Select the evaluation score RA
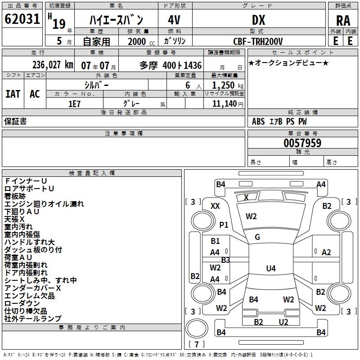pos(343,20)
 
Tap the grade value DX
pos(258,20)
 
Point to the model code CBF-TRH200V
pos(258,41)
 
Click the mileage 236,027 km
pos(53,64)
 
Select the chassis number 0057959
pos(302,144)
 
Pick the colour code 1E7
pos(74,103)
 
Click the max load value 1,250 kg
pos(228,85)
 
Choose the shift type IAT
pos(13,94)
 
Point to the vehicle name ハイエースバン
pos(116,20)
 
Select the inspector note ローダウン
pos(22,303)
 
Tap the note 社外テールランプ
pos(33,319)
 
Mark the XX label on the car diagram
pos(215,206)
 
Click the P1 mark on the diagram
pos(224,225)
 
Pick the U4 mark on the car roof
pos(270,269)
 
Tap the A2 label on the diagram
pos(326,252)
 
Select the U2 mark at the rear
pos(283,322)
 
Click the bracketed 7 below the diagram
pos(196,345)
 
